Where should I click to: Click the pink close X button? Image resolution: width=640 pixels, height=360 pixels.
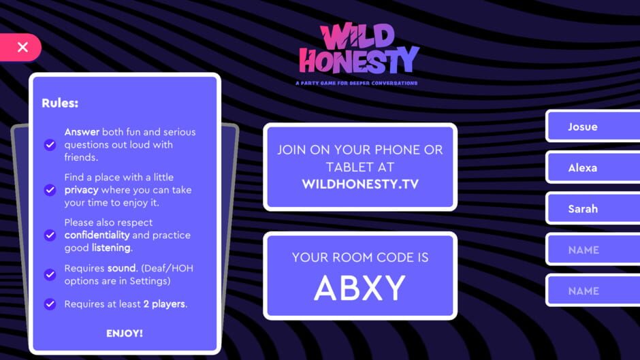22,47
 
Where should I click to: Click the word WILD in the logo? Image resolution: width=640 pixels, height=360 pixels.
357,37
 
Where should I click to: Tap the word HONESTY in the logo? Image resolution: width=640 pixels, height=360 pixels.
359,61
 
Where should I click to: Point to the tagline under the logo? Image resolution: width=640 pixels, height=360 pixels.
357,83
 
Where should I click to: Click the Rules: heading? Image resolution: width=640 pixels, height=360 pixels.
60,103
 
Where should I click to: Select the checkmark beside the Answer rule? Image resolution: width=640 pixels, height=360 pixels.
50,145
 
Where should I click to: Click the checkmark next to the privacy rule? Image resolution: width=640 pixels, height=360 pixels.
50,190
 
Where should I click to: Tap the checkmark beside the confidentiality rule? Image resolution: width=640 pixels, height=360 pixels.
50,235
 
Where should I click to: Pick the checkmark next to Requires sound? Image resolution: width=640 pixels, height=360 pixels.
50,274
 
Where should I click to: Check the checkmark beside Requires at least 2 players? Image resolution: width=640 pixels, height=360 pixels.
50,304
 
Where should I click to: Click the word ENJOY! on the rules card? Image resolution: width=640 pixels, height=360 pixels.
125,333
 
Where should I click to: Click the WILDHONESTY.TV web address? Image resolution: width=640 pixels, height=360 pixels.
360,184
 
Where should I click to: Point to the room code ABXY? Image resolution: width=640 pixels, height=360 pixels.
359,288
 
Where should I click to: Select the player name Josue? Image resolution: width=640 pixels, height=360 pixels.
583,127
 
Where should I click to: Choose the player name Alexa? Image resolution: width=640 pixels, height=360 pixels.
583,167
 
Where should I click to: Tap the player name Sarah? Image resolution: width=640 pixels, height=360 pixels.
583,209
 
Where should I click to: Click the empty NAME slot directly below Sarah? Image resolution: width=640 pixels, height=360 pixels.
583,250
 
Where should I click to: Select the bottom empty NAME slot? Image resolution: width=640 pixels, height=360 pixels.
583,291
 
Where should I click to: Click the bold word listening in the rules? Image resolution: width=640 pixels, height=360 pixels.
111,248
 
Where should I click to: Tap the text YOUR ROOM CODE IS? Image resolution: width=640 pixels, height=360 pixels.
360,257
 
